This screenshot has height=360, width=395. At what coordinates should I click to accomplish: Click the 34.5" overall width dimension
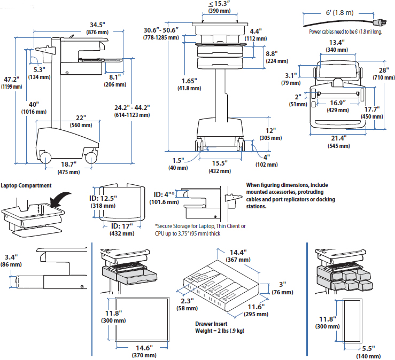tap(98, 25)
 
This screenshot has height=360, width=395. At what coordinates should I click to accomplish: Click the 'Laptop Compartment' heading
tap(26, 185)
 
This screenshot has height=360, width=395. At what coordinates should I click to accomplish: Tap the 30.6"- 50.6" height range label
tap(161, 30)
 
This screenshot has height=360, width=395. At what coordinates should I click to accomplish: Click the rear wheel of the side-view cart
tap(44, 158)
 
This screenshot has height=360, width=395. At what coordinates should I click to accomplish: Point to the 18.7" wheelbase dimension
tap(68, 164)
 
